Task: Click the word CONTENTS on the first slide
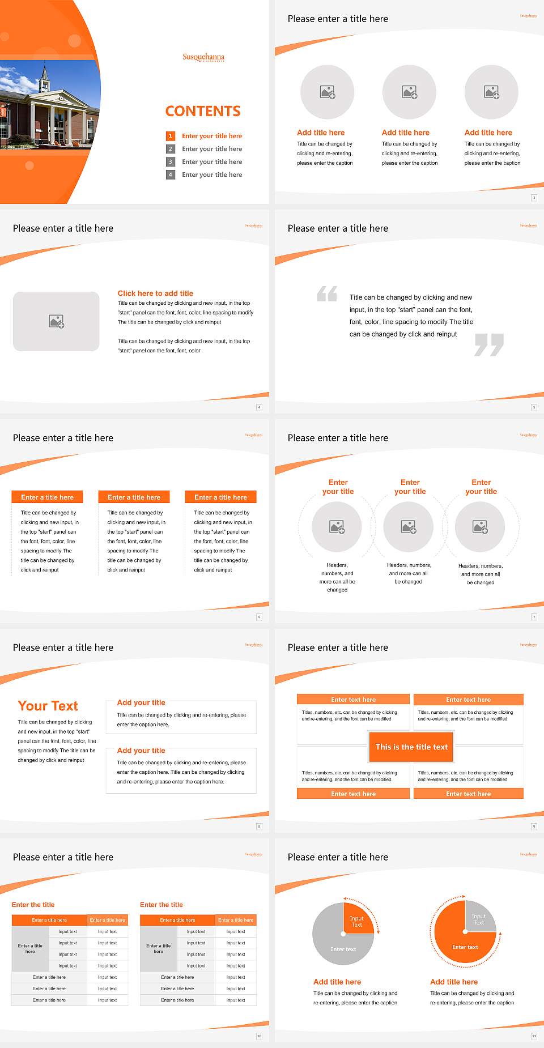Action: (x=203, y=111)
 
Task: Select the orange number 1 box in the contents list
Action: (x=170, y=136)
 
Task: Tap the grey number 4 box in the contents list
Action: (x=170, y=175)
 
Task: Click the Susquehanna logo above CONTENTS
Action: (x=203, y=57)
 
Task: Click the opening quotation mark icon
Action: (x=327, y=293)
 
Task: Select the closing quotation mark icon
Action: (x=489, y=344)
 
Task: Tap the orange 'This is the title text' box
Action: (x=411, y=747)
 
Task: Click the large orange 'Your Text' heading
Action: (x=48, y=706)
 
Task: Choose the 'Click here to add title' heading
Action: (x=155, y=293)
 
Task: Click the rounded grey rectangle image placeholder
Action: (x=56, y=321)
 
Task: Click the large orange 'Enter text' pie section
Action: (x=462, y=943)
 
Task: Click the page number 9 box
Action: (x=534, y=827)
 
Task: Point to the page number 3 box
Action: (x=534, y=198)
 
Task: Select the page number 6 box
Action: (x=259, y=617)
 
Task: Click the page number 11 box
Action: (x=534, y=1036)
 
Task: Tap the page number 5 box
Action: (x=534, y=407)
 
